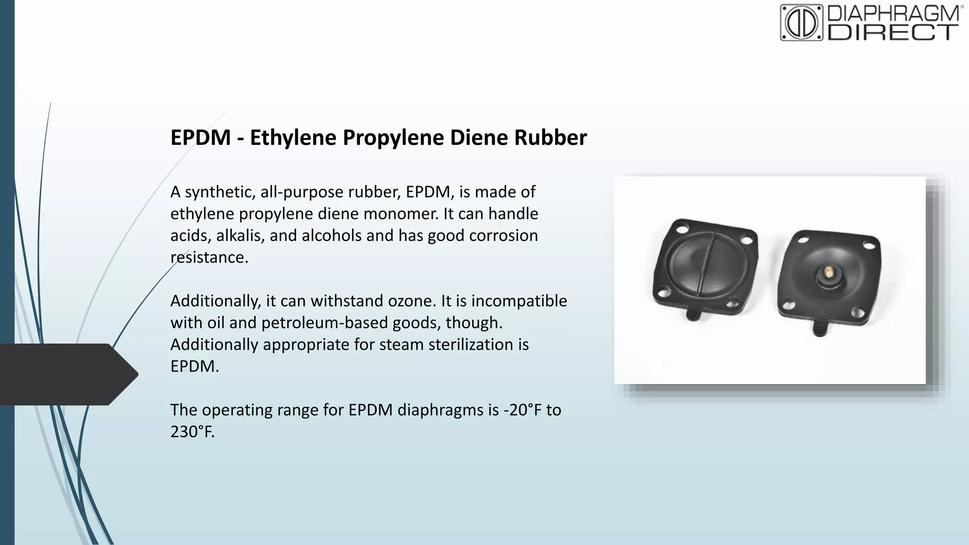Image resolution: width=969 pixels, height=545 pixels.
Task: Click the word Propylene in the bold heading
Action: [x=393, y=138]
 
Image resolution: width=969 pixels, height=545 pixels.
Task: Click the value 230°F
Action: [x=192, y=431]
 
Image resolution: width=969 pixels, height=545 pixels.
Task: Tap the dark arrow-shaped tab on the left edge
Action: [x=66, y=374]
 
